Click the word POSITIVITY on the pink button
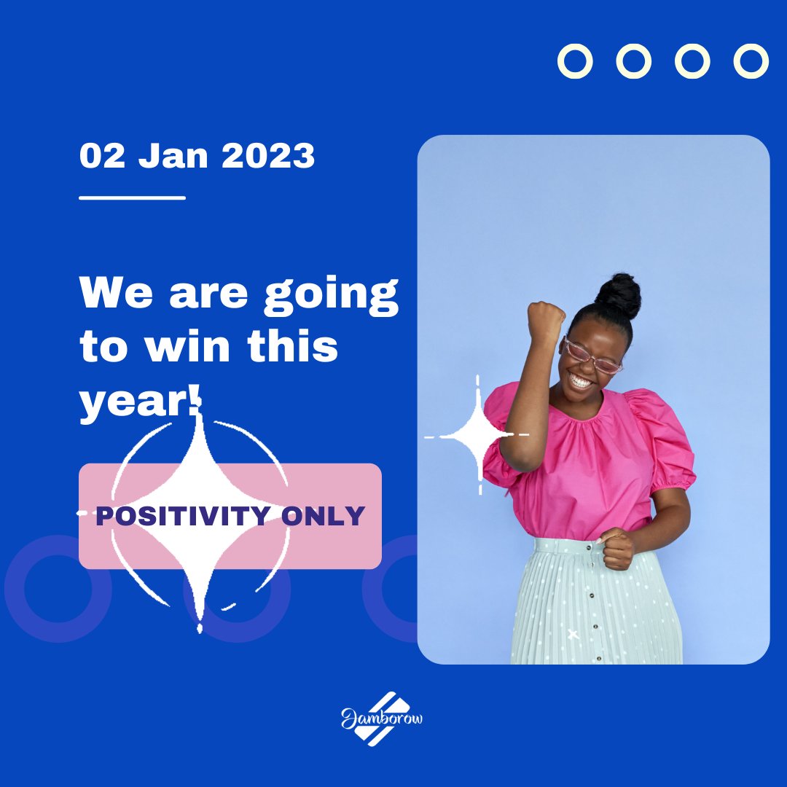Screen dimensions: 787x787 coord(183,517)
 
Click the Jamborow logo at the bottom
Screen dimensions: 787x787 coord(382,719)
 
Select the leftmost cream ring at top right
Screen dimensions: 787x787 coord(576,61)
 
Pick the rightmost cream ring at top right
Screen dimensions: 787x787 coord(751,61)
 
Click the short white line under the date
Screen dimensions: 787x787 coord(132,197)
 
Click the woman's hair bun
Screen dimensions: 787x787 coord(619,294)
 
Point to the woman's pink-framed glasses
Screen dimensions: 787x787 coord(592,356)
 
